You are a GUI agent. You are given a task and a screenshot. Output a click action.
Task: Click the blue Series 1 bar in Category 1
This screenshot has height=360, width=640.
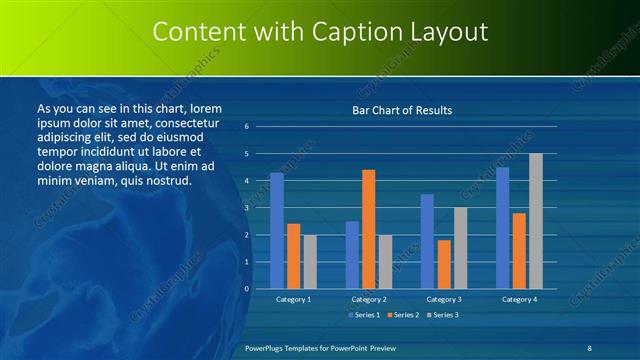coord(277,231)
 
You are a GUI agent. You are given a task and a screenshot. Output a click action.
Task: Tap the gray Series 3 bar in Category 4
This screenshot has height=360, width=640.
coord(535,221)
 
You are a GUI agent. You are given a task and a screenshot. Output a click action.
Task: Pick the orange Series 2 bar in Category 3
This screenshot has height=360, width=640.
coord(443,264)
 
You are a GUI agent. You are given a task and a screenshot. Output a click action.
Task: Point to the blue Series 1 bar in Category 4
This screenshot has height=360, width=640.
coord(502,228)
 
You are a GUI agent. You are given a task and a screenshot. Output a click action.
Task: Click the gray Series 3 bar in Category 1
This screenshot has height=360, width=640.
coord(310,262)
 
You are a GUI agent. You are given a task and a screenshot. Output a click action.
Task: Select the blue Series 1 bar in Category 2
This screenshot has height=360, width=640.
coord(352,255)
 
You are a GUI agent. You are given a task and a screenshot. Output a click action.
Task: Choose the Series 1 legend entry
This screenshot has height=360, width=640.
coord(364,315)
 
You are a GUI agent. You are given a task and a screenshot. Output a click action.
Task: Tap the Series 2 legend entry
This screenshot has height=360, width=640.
coord(402,315)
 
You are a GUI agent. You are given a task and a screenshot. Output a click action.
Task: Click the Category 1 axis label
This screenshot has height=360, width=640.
coord(293,299)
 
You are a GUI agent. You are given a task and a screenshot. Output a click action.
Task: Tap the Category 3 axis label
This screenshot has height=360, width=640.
coord(443,299)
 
